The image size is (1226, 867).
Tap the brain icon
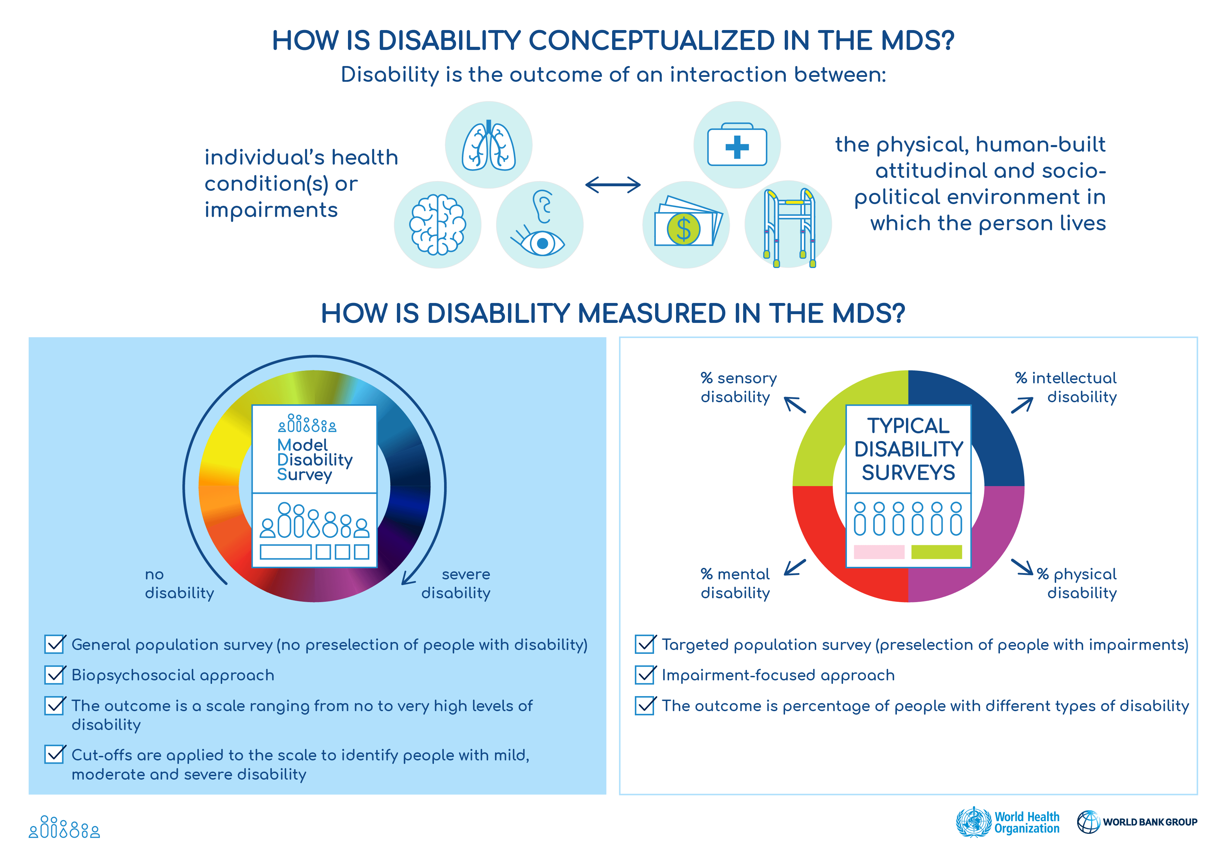pyautogui.click(x=437, y=224)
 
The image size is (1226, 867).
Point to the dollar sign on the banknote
pyautogui.click(x=683, y=229)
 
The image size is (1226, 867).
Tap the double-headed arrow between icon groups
pyautogui.click(x=612, y=185)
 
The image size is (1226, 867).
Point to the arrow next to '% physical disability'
pyautogui.click(x=1022, y=567)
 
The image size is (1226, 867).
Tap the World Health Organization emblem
pyautogui.click(x=973, y=822)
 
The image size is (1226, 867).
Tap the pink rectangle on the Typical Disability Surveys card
pyautogui.click(x=879, y=552)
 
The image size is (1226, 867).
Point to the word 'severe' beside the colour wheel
pyautogui.click(x=466, y=574)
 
